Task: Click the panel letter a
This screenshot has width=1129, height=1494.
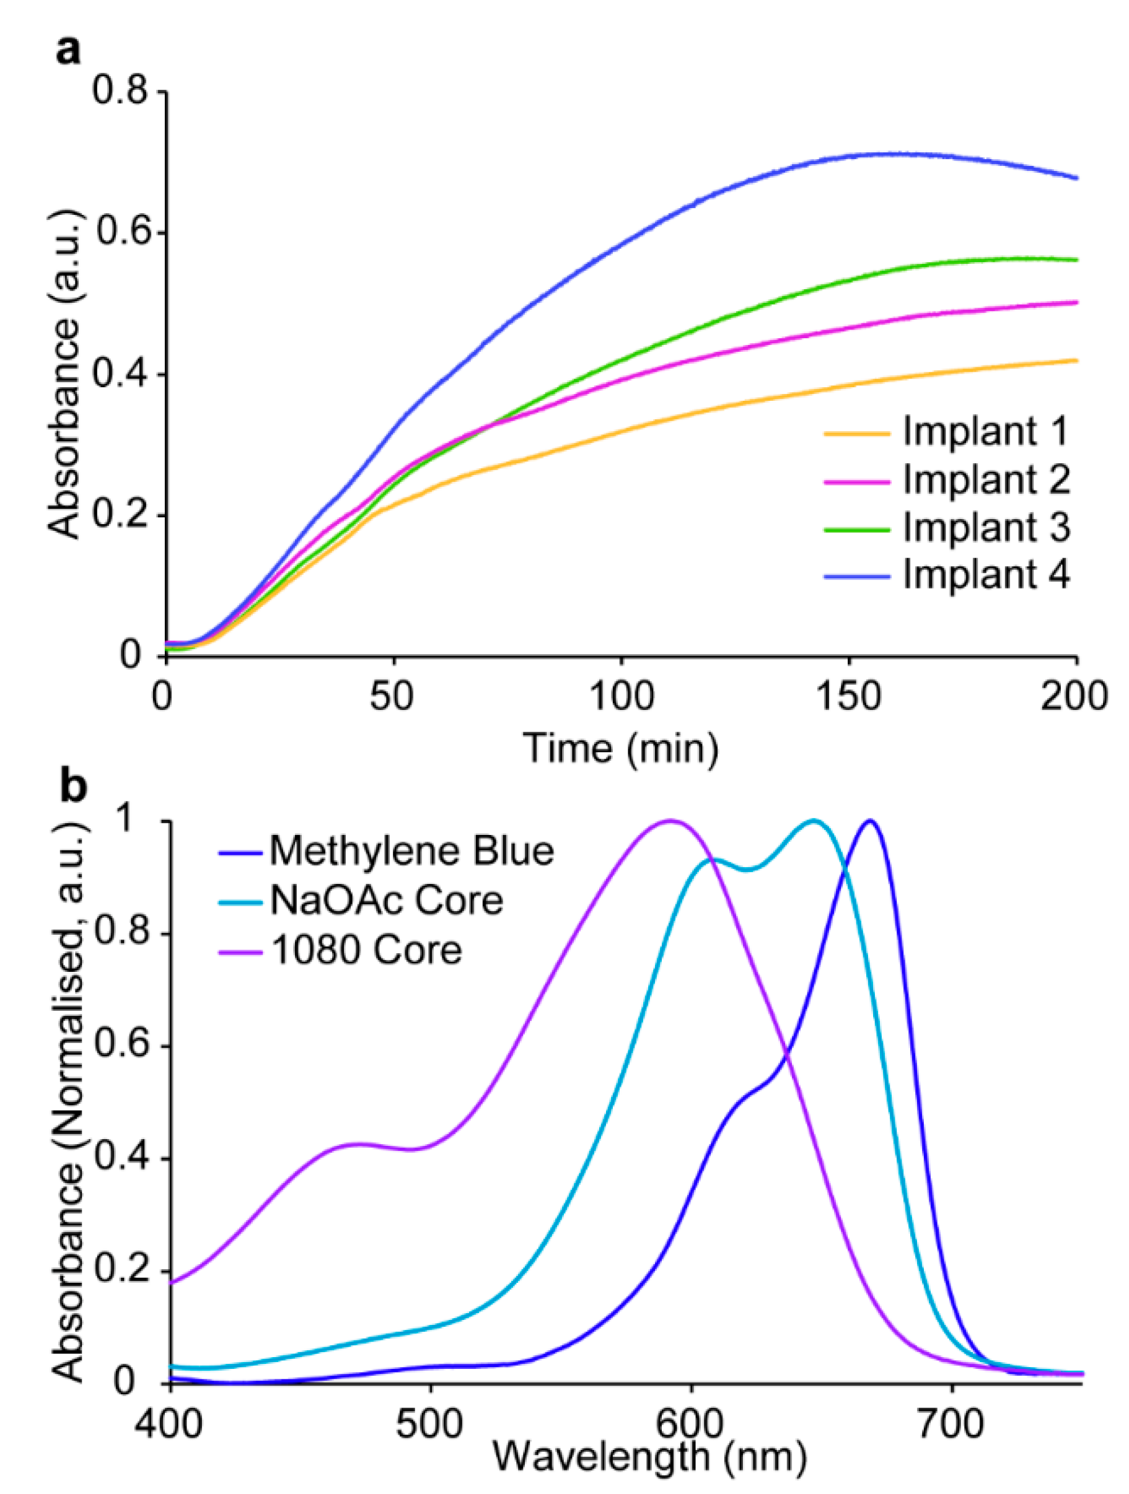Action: (x=67, y=51)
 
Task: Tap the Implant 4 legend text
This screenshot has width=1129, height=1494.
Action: (x=986, y=575)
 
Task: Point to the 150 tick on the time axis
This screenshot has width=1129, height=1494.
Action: (x=848, y=695)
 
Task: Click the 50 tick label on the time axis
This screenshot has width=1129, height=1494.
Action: (x=392, y=695)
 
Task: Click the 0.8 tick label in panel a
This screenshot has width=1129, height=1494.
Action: (x=120, y=90)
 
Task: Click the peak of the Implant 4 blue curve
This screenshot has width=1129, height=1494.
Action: (x=892, y=154)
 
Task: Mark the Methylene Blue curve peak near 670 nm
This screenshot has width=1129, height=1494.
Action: (x=870, y=821)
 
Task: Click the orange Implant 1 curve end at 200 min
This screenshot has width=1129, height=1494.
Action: (x=1075, y=360)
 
